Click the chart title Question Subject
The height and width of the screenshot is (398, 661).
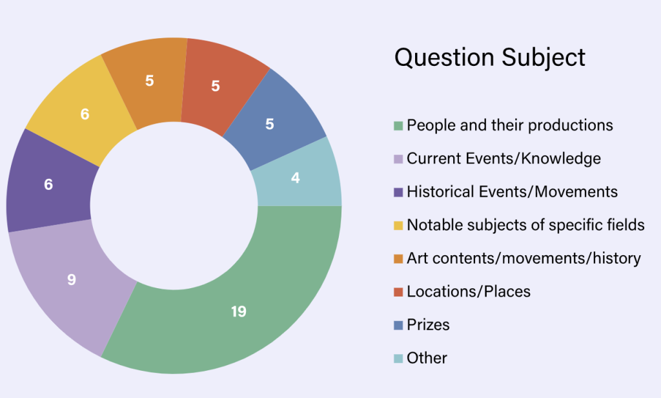[490, 58]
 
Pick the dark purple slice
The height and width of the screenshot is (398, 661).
[48, 184]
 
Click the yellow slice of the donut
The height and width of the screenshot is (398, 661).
[85, 113]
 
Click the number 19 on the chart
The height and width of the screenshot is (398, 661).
[239, 311]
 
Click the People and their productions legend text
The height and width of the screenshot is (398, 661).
[510, 125]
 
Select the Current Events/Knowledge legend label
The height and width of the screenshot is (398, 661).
[503, 159]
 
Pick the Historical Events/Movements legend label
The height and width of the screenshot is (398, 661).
[512, 192]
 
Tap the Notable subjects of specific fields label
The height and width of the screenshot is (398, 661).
[525, 225]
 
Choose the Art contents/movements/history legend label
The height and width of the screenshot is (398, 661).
[524, 258]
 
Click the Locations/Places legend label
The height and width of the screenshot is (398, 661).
[469, 291]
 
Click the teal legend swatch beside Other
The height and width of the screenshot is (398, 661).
[398, 359]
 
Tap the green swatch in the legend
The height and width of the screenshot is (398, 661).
[398, 126]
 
